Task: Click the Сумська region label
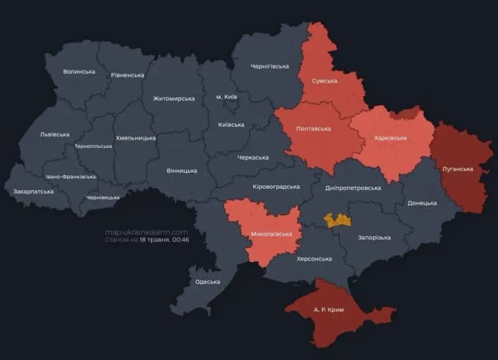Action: [324, 81]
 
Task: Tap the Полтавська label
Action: [313, 129]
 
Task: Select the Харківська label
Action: [390, 138]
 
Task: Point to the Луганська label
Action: [458, 169]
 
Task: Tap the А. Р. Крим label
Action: [329, 310]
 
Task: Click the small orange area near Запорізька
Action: [338, 220]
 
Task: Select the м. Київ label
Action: [226, 97]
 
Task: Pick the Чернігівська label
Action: [270, 66]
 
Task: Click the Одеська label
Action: [207, 281]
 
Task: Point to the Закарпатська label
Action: [33, 191]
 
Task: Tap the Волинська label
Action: [79, 72]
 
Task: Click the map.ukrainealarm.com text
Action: [146, 232]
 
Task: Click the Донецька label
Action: [422, 203]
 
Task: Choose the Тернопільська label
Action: [93, 146]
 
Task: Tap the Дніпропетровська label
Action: [353, 188]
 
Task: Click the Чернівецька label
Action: [102, 198]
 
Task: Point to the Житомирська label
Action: [174, 99]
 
